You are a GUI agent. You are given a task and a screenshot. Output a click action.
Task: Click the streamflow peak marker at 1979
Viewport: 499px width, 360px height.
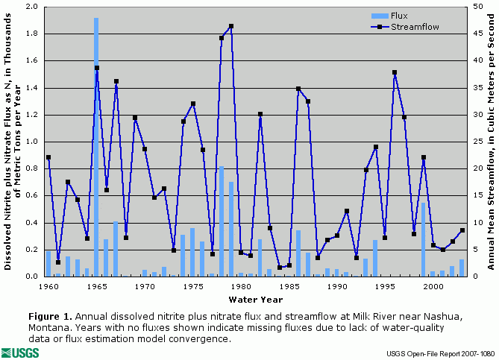pyautogui.click(x=231, y=26)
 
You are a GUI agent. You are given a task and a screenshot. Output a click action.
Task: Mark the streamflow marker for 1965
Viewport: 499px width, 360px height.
pyautogui.click(x=96, y=68)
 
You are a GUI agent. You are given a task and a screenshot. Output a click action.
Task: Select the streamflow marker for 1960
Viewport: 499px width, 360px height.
pyautogui.click(x=48, y=157)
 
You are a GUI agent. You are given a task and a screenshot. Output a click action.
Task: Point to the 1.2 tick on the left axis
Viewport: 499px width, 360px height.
pyautogui.click(x=32, y=115)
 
